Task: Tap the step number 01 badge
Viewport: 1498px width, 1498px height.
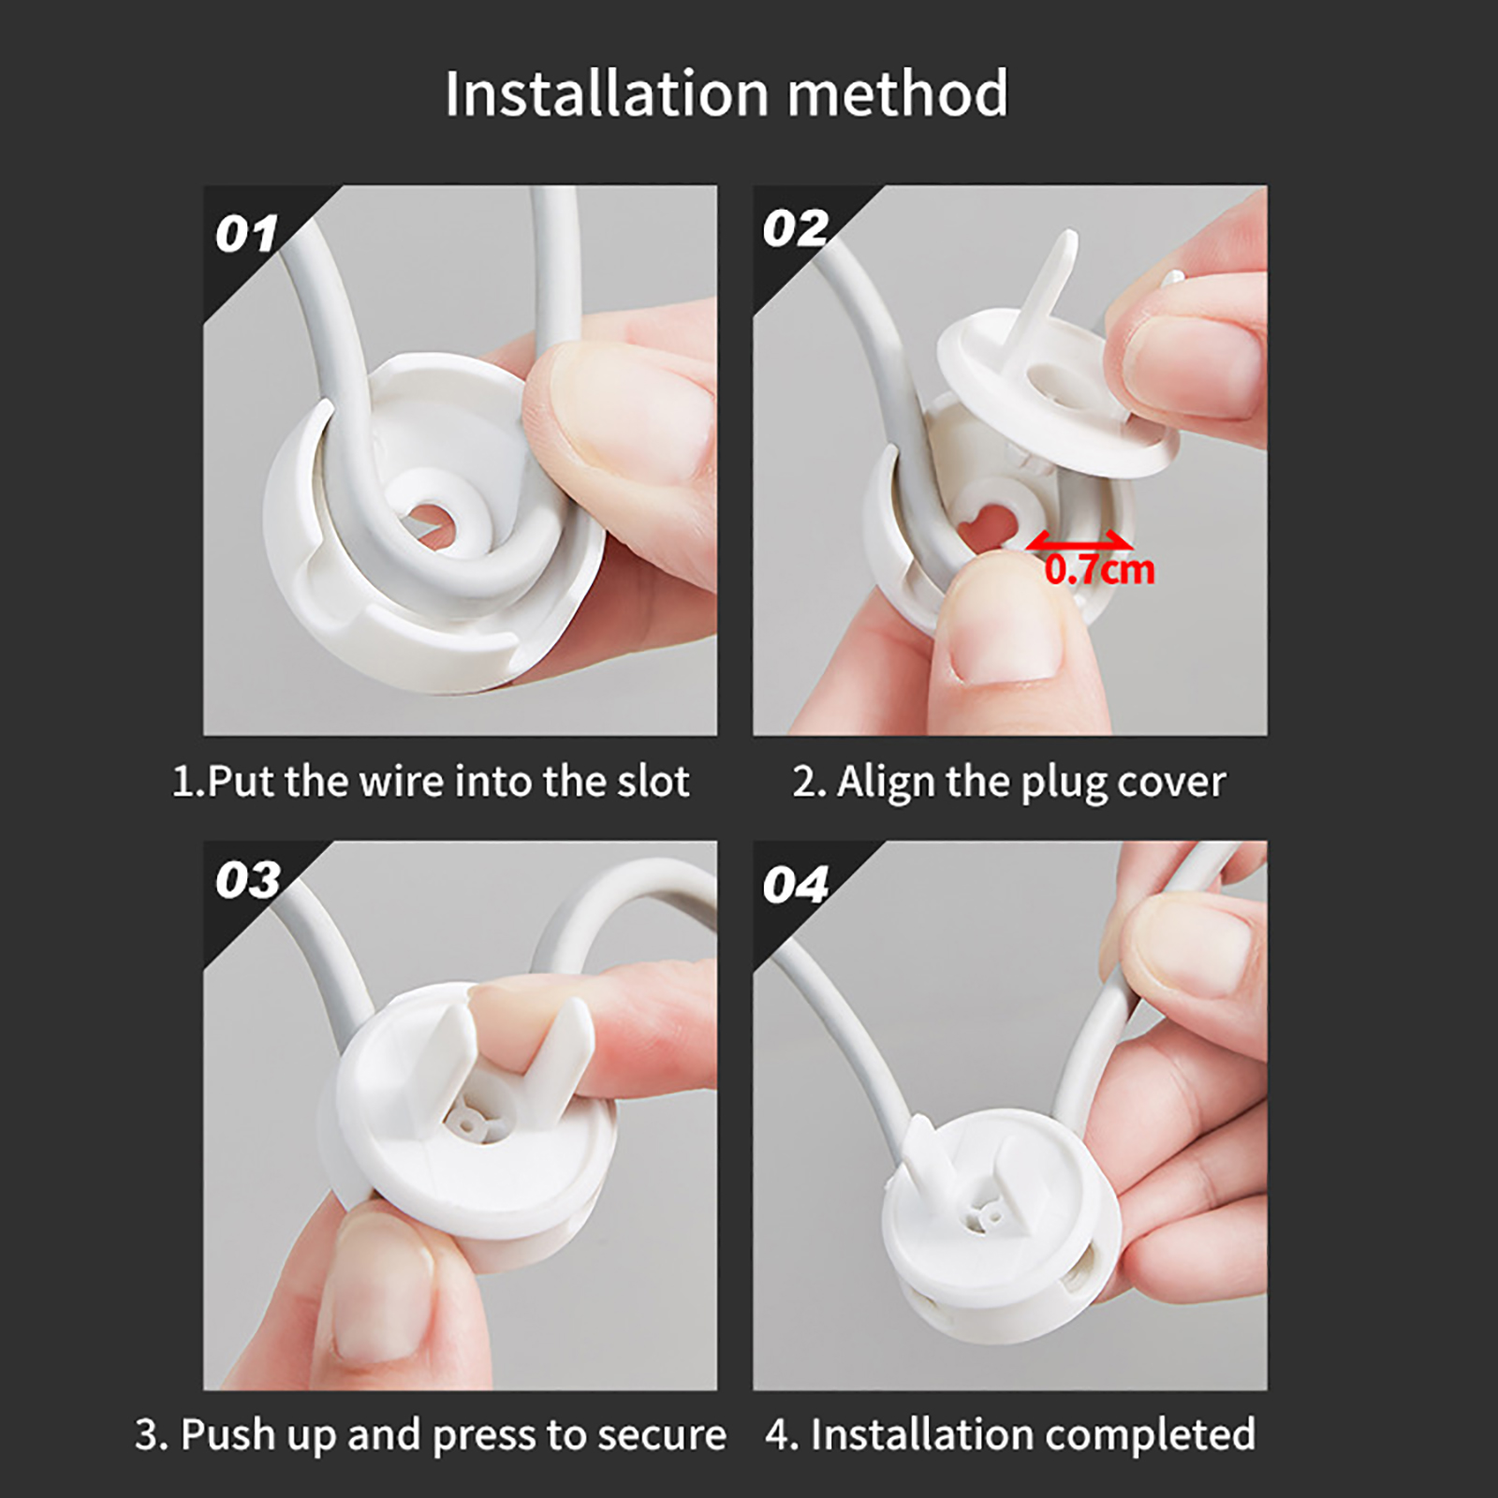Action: [246, 234]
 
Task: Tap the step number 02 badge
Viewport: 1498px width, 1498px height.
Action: [796, 228]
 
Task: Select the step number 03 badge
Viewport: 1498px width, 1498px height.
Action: [248, 880]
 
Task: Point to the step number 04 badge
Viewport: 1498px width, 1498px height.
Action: [796, 885]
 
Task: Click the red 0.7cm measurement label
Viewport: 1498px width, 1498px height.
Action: [1100, 570]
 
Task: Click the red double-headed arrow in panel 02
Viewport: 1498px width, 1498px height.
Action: [1079, 541]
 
